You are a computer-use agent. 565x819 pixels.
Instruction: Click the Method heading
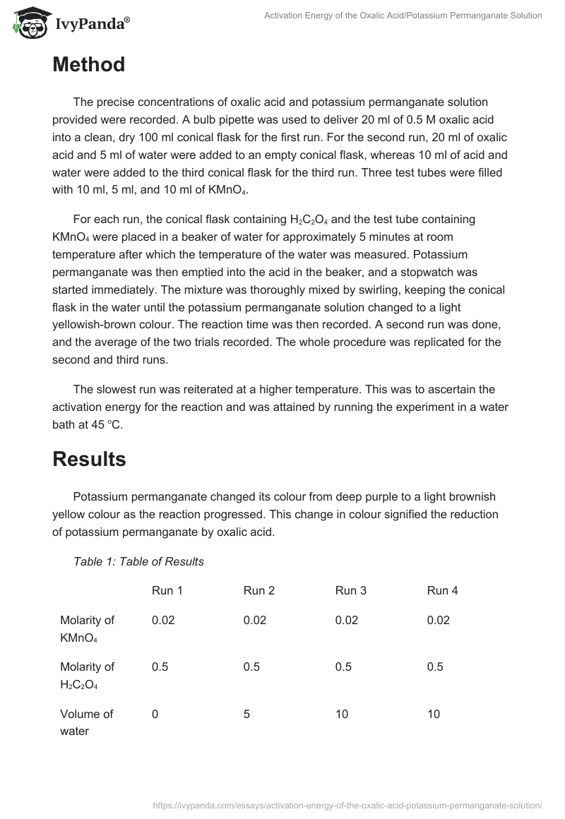[88, 65]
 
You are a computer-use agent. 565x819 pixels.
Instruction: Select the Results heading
[89, 459]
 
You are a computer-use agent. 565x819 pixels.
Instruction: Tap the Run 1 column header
[167, 590]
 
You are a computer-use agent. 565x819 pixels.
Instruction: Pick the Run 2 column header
[259, 590]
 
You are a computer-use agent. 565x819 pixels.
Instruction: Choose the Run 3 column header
[351, 590]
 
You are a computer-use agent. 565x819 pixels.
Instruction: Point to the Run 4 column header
[443, 590]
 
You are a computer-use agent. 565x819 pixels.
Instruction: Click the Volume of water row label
[86, 722]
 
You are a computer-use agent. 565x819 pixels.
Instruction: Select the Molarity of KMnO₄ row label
[87, 628]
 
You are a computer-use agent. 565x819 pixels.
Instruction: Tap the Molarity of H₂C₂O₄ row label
[87, 676]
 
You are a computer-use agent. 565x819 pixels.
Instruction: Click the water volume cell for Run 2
[247, 714]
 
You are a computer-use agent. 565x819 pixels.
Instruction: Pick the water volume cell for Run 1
[155, 714]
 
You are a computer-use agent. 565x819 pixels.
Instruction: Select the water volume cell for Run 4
[434, 714]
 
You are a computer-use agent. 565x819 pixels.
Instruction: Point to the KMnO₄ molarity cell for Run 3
[347, 620]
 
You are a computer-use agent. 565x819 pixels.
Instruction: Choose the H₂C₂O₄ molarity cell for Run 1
[160, 666]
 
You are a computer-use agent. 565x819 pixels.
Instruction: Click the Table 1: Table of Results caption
[138, 561]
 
